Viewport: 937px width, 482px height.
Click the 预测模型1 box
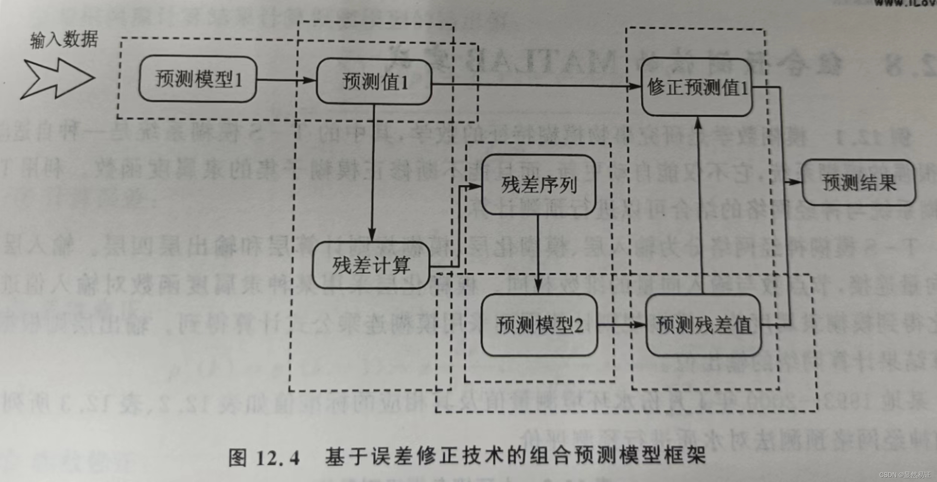click(198, 79)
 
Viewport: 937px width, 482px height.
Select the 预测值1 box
click(374, 81)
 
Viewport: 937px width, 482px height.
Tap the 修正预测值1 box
click(697, 87)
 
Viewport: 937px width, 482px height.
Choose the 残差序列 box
click(538, 185)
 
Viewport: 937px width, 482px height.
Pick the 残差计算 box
click(371, 265)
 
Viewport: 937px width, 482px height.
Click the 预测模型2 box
click(539, 325)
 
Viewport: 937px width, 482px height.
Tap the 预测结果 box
click(859, 183)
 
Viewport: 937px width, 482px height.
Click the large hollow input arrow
click(56, 78)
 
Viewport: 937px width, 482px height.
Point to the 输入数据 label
click(64, 40)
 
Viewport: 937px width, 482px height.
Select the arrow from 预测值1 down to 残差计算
click(373, 173)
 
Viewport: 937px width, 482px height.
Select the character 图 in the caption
click(237, 458)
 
